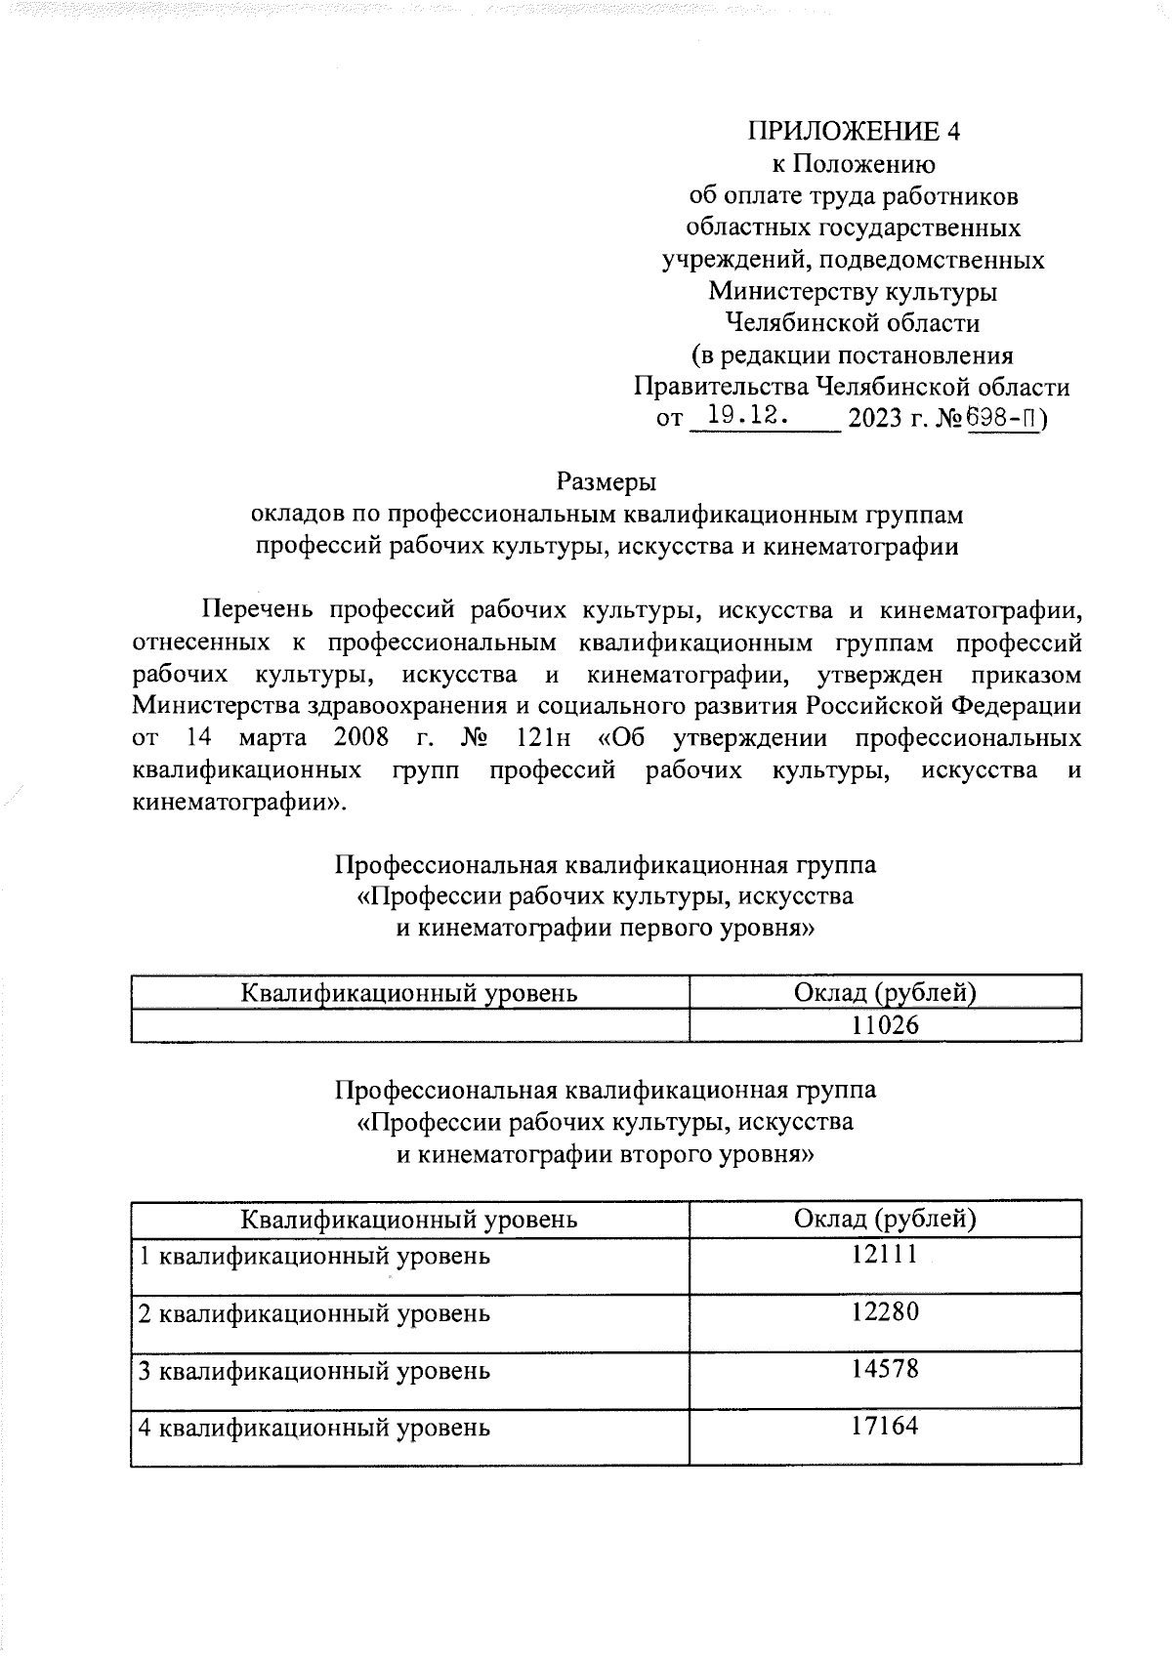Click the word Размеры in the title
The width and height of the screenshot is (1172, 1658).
pyautogui.click(x=606, y=481)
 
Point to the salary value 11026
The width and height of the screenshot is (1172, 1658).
pyautogui.click(x=885, y=1025)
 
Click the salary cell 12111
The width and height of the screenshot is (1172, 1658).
pyautogui.click(x=885, y=1254)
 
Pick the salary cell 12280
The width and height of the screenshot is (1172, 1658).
pyautogui.click(x=885, y=1311)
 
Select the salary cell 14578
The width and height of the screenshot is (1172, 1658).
pyautogui.click(x=885, y=1369)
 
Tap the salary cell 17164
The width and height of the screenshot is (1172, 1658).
pyautogui.click(x=885, y=1426)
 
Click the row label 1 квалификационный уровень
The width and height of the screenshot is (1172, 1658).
pyautogui.click(x=314, y=1256)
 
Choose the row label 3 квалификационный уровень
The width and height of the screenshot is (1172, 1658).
pyautogui.click(x=314, y=1371)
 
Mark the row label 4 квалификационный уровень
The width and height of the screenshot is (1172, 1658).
pyautogui.click(x=314, y=1429)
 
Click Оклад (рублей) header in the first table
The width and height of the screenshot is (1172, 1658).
pyautogui.click(x=885, y=993)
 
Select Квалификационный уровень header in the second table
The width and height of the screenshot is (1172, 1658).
pyautogui.click(x=409, y=1219)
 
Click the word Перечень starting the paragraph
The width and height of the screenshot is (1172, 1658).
pyautogui.click(x=257, y=611)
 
